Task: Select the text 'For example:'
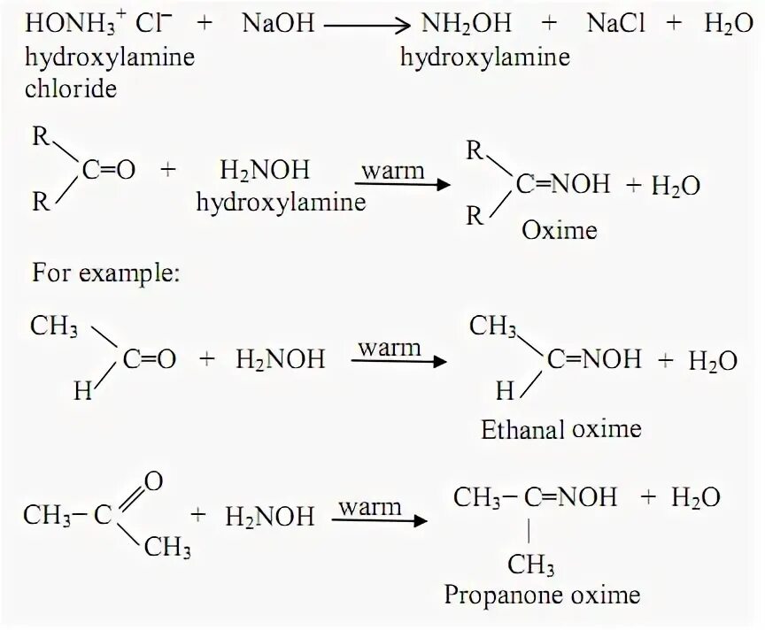coord(106,273)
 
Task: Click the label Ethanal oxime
coord(560,430)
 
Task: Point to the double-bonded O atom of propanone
coord(153,481)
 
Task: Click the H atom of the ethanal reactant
coord(82,389)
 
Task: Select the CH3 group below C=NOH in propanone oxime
coord(531,565)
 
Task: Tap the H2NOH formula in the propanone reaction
coord(270,516)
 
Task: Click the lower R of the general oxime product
coord(475,215)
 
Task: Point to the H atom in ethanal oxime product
coord(504,389)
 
